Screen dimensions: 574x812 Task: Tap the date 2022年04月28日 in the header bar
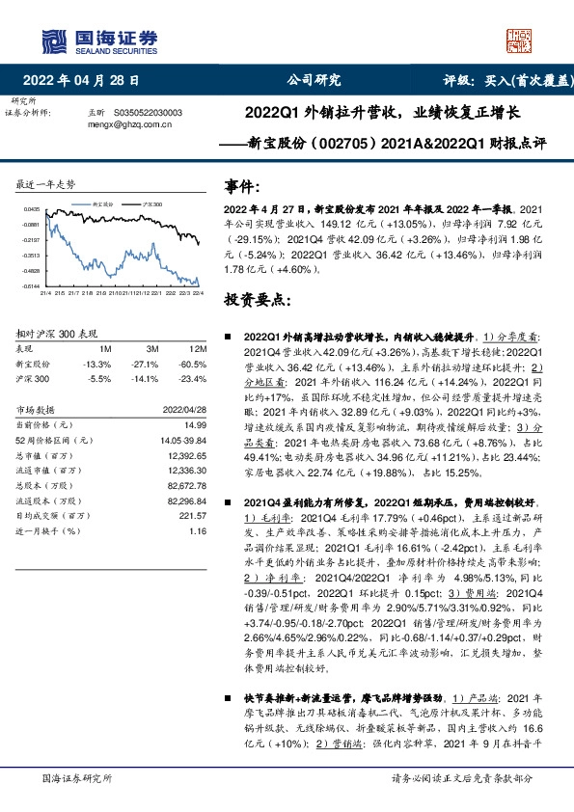87,81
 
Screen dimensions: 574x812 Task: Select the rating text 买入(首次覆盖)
530,81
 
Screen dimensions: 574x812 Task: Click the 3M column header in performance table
149,348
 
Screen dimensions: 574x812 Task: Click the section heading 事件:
242,186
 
